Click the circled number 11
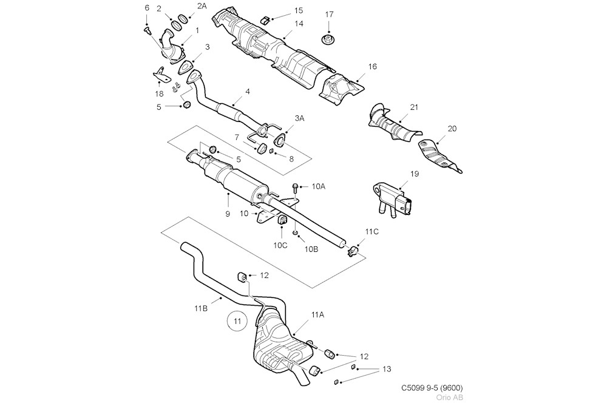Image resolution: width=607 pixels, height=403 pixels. pyautogui.click(x=237, y=320)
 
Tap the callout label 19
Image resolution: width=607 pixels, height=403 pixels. pyautogui.click(x=415, y=174)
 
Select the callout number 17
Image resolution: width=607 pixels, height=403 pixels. pyautogui.click(x=329, y=14)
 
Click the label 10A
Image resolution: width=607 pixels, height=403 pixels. pyautogui.click(x=319, y=187)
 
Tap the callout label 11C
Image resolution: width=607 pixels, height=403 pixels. pyautogui.click(x=371, y=232)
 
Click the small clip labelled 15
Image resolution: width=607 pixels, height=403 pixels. pyautogui.click(x=265, y=19)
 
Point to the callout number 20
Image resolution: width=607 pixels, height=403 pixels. pyautogui.click(x=452, y=129)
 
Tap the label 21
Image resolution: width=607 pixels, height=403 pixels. pyautogui.click(x=414, y=107)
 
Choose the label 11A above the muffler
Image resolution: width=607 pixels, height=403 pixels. pyautogui.click(x=317, y=314)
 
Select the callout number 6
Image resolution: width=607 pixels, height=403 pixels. pyautogui.click(x=146, y=8)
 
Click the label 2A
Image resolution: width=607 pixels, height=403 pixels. pyautogui.click(x=185, y=5)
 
